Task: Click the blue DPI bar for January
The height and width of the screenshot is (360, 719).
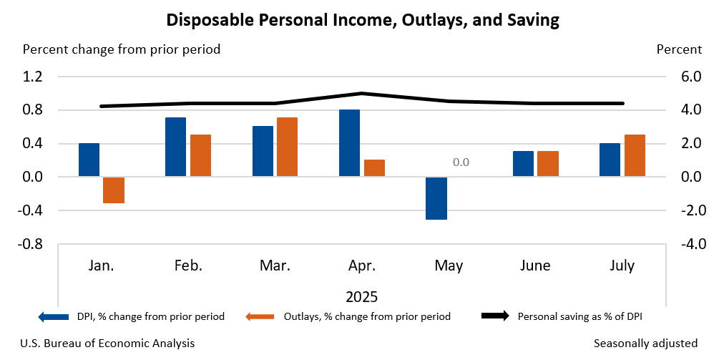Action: (89, 160)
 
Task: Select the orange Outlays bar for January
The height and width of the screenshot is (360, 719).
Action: (114, 190)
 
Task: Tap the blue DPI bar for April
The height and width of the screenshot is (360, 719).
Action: (349, 143)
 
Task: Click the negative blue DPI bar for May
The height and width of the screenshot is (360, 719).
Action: (436, 198)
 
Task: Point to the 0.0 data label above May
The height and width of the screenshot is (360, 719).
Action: (461, 162)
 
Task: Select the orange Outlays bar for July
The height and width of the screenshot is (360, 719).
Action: (635, 155)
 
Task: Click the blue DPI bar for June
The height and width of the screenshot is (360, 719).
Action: (523, 164)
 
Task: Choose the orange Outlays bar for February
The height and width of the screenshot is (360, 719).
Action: (200, 155)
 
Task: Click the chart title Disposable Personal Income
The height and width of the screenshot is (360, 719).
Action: (362, 20)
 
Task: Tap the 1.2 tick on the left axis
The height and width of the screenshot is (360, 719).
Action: (34, 77)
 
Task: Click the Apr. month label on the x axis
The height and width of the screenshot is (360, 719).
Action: (361, 266)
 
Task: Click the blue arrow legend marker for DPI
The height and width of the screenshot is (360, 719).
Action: (54, 316)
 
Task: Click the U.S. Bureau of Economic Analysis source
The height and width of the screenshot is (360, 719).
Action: (107, 344)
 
